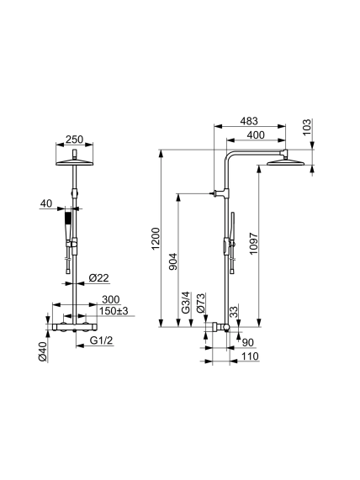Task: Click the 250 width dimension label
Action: coord(75,140)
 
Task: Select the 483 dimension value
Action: coord(249,121)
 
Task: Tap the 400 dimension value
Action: coord(255,135)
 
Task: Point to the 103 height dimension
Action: coord(307,127)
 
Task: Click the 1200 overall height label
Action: coord(156,239)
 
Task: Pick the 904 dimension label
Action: coord(173,261)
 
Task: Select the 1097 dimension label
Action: coord(254,244)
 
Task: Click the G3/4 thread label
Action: coord(186,303)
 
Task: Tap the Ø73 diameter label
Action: coord(201,303)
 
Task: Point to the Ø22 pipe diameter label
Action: coord(98,278)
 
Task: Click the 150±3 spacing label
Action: coord(114,311)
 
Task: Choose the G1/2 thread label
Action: coord(101,340)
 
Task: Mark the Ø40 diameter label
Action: coord(43,351)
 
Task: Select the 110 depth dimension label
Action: coord(250,356)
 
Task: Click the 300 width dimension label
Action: coord(110,299)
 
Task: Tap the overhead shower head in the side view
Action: coord(285,162)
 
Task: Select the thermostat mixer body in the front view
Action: coord(75,327)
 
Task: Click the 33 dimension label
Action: coord(234,312)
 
